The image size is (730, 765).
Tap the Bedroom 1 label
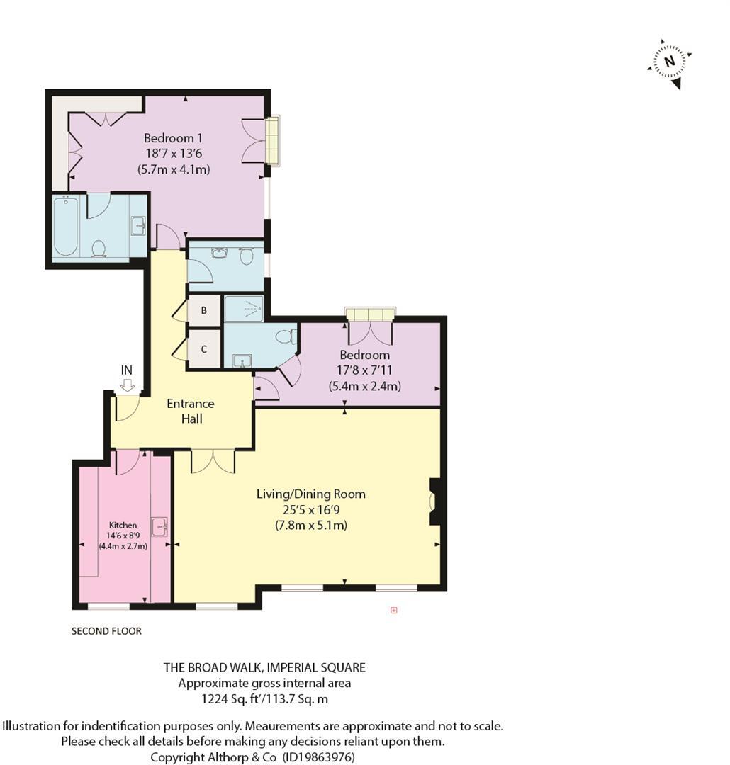(x=173, y=138)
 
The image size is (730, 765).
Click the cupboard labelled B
(x=204, y=311)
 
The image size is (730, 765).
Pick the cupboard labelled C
(x=204, y=349)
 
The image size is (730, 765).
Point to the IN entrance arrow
(x=127, y=384)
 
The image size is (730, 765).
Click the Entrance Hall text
(x=190, y=411)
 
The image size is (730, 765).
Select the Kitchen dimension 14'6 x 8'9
(x=123, y=535)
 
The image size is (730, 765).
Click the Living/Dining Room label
(x=310, y=494)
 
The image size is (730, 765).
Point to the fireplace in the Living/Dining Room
(x=434, y=501)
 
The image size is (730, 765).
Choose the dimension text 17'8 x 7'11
(x=364, y=370)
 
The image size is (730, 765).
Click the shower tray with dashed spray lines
(x=243, y=309)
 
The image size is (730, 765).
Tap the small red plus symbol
(x=394, y=610)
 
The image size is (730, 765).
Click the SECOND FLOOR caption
(x=106, y=631)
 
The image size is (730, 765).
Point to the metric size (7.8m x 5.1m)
(x=310, y=526)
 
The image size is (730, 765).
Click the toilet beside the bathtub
(x=99, y=248)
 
